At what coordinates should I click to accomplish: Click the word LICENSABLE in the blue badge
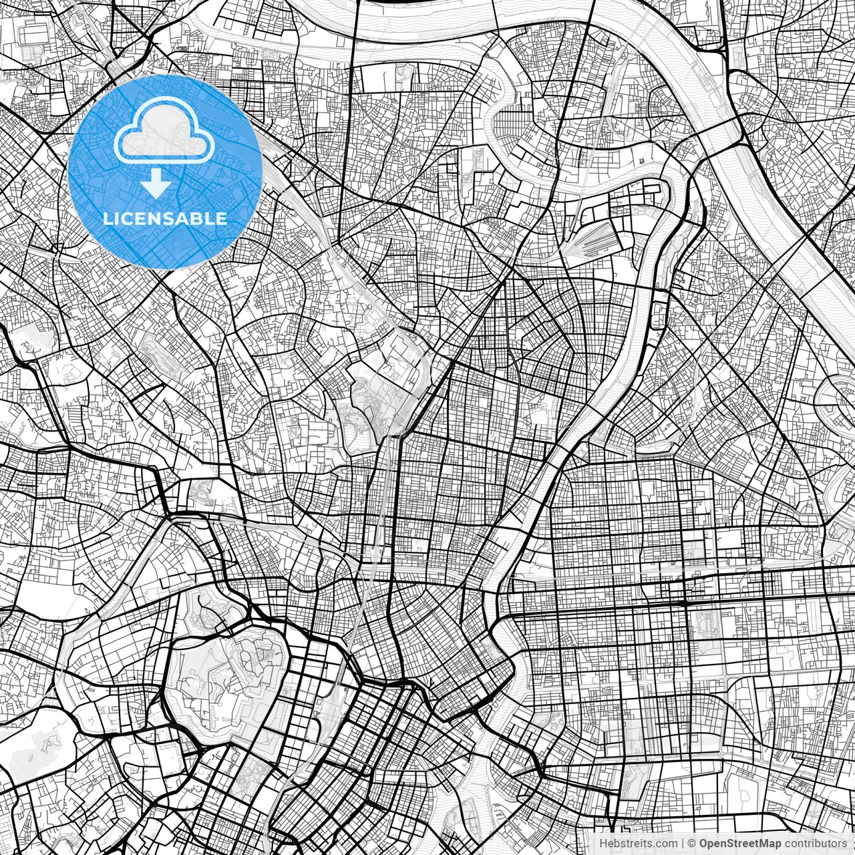[165, 218]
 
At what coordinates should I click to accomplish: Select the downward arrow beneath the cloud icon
[156, 183]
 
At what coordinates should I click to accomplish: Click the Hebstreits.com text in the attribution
[637, 843]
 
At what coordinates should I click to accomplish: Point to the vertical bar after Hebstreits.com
[682, 843]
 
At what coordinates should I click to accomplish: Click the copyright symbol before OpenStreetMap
[692, 843]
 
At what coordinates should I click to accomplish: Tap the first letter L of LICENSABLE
[107, 218]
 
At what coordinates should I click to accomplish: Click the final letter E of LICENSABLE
[222, 218]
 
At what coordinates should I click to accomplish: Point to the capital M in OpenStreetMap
[761, 843]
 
